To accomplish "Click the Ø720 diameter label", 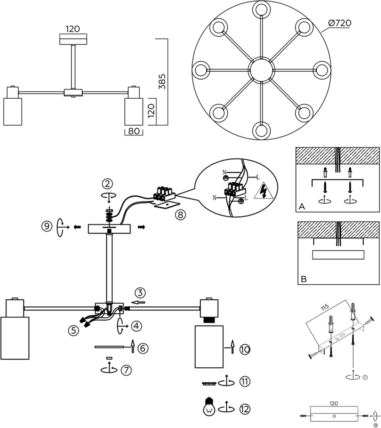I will tap(340, 23).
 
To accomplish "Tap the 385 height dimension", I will tap(162, 81).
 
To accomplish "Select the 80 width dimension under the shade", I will tap(134, 131).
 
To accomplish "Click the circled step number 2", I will tap(107, 184).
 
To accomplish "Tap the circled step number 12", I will tap(245, 409).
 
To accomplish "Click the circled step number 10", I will tap(245, 349).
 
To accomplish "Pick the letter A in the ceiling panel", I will tap(302, 206).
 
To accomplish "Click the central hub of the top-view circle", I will tap(261, 70).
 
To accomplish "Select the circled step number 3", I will tap(140, 293).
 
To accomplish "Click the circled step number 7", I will tap(126, 370).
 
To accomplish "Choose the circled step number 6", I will tap(142, 348).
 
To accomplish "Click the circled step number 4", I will tap(136, 326).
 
